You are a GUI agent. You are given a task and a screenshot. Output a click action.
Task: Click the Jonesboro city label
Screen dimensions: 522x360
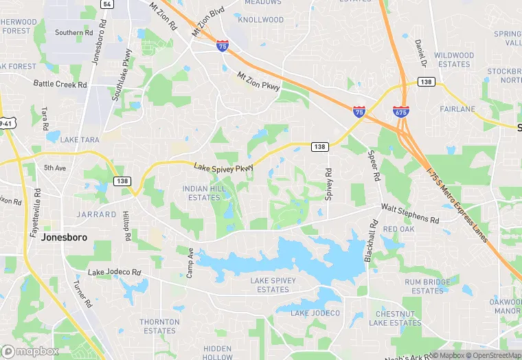coord(67,237)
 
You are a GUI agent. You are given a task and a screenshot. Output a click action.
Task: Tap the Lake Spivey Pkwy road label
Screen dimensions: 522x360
coord(223,168)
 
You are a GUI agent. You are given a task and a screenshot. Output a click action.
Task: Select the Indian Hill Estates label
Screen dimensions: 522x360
coord(201,193)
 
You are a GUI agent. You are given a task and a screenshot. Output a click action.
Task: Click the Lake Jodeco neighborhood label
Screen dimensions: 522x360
coord(315,313)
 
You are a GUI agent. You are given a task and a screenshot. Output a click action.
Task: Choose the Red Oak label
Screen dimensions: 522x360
coord(399,229)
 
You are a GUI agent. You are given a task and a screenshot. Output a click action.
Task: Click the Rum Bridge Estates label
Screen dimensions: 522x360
coord(428,286)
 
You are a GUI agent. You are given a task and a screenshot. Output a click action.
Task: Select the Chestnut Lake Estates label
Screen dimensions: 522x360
coord(394,318)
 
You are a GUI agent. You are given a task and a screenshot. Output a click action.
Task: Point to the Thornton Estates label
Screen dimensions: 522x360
coord(159,326)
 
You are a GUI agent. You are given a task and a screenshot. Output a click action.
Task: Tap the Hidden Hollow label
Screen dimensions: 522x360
coord(218,353)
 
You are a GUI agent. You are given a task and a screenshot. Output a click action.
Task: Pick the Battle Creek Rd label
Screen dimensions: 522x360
coord(60,85)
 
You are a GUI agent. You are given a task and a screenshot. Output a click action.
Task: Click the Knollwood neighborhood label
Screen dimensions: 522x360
coord(260,20)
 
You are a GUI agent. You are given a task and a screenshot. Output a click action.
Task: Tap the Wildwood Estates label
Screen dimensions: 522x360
coord(454,60)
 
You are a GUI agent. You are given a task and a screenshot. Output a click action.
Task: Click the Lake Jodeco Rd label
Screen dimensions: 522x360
coord(114,273)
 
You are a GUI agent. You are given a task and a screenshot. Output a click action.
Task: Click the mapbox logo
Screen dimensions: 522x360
coord(30,350)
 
